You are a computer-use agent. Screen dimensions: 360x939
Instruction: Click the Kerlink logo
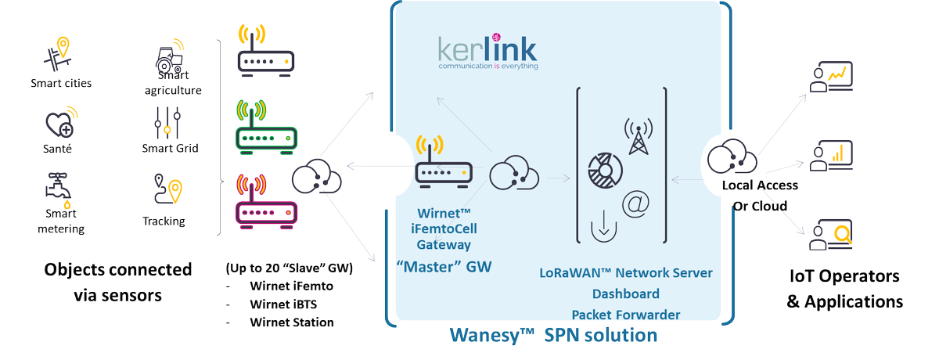[487, 54]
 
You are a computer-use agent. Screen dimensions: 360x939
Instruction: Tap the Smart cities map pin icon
[59, 56]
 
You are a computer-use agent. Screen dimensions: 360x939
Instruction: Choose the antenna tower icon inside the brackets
[638, 138]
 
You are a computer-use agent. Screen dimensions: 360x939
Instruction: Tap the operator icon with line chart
[828, 77]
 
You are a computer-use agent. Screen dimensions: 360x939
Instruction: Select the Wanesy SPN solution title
[553, 336]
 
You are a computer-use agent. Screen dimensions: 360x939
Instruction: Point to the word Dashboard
[626, 294]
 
